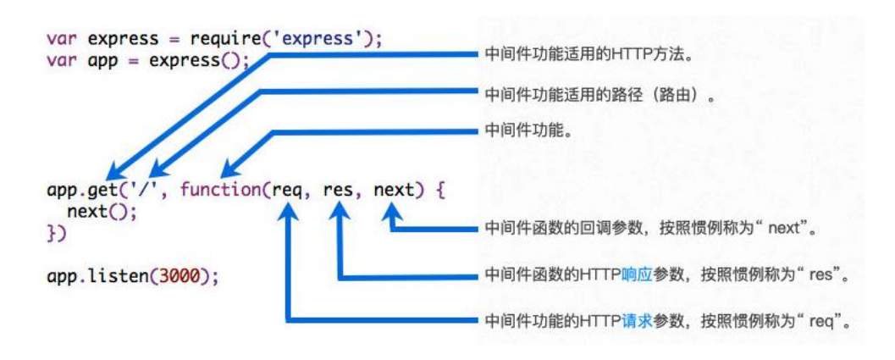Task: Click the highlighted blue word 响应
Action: [636, 275]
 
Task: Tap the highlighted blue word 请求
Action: [636, 322]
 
